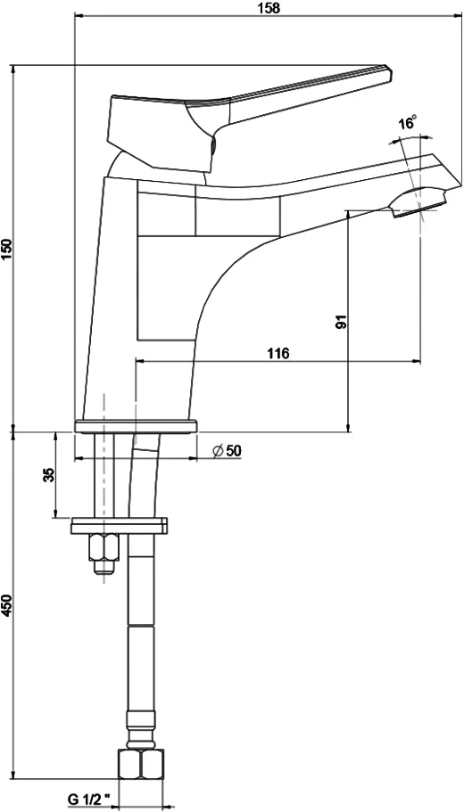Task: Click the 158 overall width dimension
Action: pyautogui.click(x=269, y=8)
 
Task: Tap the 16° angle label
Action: pyautogui.click(x=408, y=123)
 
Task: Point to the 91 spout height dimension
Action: pyautogui.click(x=341, y=321)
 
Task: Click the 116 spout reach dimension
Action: pyautogui.click(x=278, y=354)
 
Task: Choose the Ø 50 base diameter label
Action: pyautogui.click(x=227, y=450)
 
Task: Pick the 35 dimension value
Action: pyautogui.click(x=48, y=474)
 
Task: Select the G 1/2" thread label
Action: pyautogui.click(x=90, y=800)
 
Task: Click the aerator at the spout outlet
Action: pyautogui.click(x=418, y=203)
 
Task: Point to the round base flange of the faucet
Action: pyautogui.click(x=136, y=426)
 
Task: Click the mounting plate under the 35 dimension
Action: pyautogui.click(x=119, y=526)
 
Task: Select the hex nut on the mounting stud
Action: pyautogui.click(x=104, y=547)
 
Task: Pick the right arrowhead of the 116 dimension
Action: pyautogui.click(x=417, y=361)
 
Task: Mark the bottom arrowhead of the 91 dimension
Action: pyautogui.click(x=348, y=427)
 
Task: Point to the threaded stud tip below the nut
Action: pyautogui.click(x=104, y=568)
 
